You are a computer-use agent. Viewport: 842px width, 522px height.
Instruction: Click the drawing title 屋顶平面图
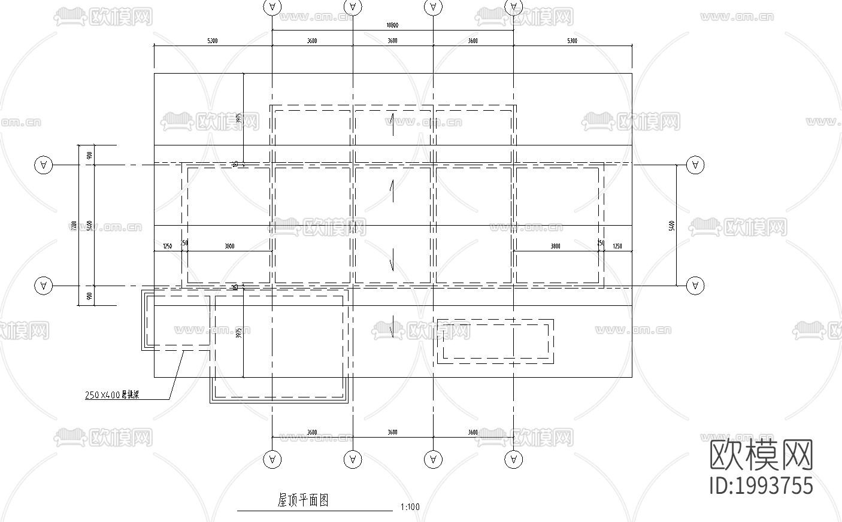coord(304,500)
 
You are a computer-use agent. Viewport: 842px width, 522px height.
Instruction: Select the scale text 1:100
coord(410,508)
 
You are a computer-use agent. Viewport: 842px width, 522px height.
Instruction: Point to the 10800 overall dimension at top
coord(392,26)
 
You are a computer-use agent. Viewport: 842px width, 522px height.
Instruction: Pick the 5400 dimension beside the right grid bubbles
coord(671,226)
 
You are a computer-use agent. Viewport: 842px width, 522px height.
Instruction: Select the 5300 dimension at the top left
coord(213,41)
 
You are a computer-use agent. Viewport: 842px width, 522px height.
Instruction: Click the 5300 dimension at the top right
coord(572,41)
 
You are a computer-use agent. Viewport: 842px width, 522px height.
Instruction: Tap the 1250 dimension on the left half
coord(167,246)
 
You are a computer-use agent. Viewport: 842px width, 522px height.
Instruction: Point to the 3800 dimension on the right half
coord(555,246)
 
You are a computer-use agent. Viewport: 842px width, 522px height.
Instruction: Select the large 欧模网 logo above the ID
coord(761,455)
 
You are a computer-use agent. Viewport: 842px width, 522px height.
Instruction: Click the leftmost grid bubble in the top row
coord(272,7)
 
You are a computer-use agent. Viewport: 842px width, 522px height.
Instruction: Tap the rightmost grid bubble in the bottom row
coord(513,460)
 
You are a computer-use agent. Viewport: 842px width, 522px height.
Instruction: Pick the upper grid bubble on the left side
coord(43,165)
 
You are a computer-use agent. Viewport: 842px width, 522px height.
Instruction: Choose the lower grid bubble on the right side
coord(695,286)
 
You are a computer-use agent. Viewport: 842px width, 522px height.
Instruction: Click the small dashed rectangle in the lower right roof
coord(495,341)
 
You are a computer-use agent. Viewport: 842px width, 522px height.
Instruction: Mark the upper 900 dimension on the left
coord(89,155)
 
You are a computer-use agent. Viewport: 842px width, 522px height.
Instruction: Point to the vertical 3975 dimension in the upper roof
coord(238,119)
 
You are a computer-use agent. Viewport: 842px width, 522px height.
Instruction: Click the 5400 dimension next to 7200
coord(89,226)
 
